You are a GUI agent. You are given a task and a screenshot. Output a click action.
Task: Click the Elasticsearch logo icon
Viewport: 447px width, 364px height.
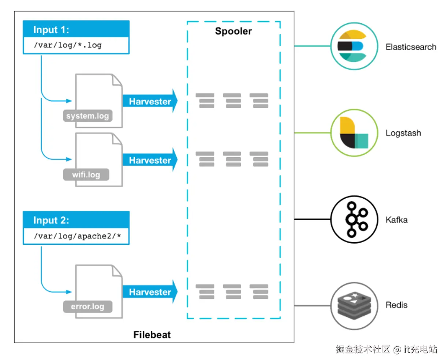354,46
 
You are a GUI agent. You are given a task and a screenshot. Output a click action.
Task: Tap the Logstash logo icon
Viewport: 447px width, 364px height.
354,133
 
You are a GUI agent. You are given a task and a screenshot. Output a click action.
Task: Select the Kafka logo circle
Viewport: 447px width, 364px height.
354,219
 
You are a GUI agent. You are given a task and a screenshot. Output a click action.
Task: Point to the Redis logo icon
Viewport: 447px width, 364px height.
354,306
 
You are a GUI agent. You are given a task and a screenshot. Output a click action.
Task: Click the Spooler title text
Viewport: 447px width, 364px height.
233,31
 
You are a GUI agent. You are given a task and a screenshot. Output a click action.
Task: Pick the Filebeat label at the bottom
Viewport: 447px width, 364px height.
152,335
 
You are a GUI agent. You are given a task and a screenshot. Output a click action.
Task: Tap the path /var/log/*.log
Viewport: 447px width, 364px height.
68,45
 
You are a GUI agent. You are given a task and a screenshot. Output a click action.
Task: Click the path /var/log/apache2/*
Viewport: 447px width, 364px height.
77,236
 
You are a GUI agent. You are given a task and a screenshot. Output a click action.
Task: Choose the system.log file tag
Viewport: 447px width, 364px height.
87,116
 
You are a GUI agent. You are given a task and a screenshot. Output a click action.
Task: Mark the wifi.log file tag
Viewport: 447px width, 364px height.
86,175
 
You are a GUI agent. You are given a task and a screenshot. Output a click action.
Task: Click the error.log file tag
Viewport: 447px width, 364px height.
87,307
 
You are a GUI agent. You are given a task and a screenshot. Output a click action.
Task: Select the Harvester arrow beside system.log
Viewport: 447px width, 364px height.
150,101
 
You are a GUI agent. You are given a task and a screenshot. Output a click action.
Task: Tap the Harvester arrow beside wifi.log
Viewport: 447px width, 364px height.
150,160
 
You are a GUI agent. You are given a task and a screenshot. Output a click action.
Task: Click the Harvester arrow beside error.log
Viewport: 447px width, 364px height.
150,292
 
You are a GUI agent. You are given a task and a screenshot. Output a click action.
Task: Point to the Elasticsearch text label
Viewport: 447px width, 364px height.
411,47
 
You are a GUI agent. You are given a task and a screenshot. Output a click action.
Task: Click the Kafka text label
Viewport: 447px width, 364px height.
396,220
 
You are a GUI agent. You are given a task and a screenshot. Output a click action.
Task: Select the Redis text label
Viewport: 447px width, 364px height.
396,305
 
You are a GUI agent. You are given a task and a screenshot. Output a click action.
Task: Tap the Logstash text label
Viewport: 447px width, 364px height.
403,133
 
